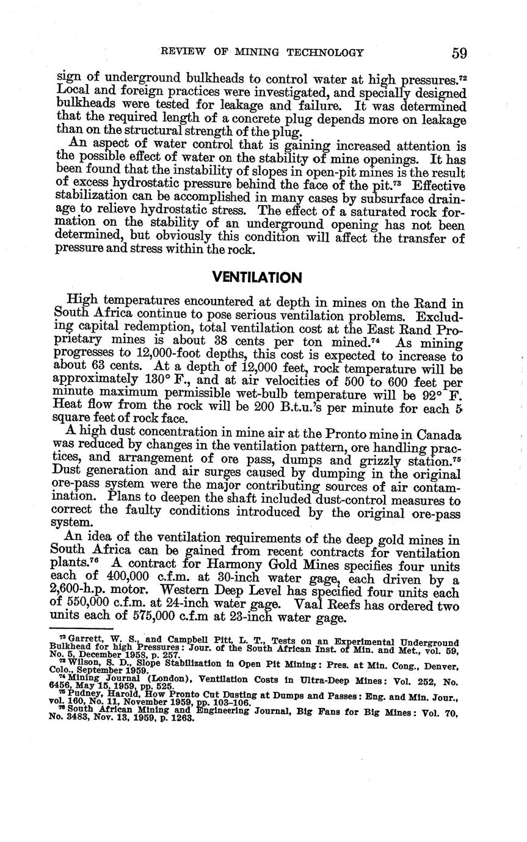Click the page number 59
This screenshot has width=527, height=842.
pos(460,53)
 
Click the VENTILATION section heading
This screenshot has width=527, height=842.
pos(256,278)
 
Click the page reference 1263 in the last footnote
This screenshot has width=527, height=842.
pos(182,718)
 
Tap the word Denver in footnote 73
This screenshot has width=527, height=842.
pos(438,663)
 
